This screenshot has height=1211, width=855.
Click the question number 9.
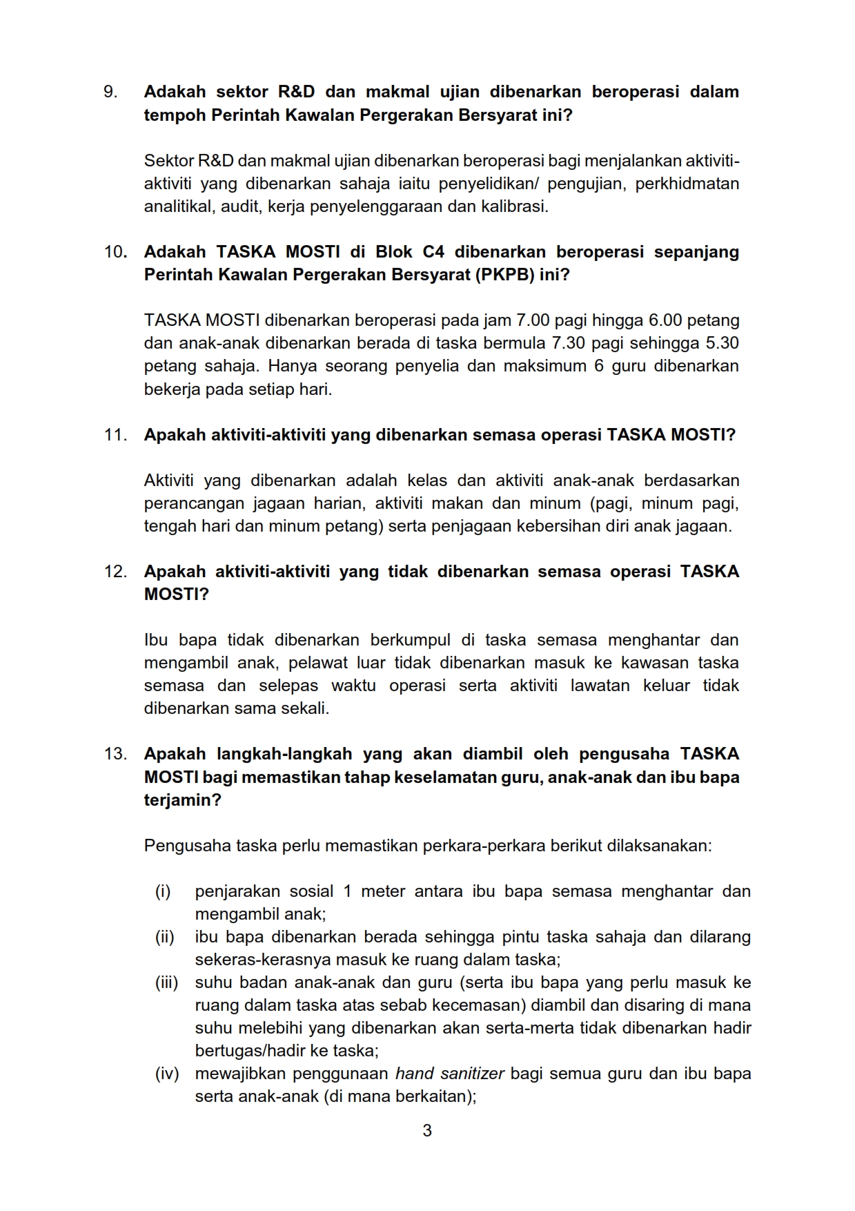click(x=110, y=92)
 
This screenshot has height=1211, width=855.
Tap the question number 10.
click(x=115, y=252)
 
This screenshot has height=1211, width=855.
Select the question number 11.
click(x=115, y=435)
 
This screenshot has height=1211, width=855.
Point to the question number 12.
click(x=115, y=572)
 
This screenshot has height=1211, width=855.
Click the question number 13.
click(x=115, y=754)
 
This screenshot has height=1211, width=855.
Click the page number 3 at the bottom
click(x=427, y=1130)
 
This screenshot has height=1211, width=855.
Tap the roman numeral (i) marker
click(x=163, y=891)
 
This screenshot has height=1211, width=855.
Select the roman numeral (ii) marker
click(x=164, y=937)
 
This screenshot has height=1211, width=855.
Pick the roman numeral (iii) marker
click(x=166, y=982)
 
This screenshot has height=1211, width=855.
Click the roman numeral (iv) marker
click(x=166, y=1074)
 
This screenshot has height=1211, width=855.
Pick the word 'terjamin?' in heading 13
click(x=183, y=800)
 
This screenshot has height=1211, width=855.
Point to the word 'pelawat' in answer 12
click(x=317, y=663)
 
